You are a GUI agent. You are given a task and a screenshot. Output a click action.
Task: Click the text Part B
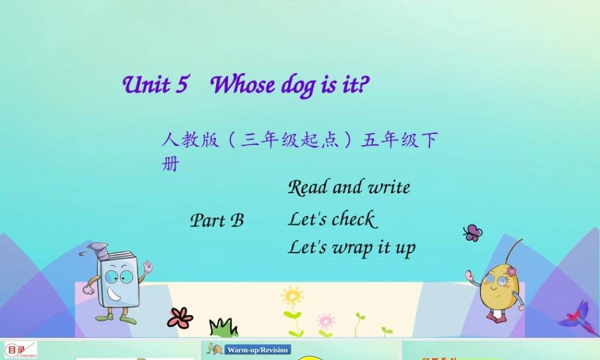coord(217,221)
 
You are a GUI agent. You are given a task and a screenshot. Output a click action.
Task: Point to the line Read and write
coord(349,187)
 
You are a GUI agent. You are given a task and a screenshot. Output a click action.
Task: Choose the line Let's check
coord(332,219)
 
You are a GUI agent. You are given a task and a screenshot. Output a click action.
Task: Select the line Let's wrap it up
coord(352,247)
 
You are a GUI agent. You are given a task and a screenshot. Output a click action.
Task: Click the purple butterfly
coord(472,233)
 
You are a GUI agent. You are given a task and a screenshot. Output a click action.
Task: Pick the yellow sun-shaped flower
coord(292,296)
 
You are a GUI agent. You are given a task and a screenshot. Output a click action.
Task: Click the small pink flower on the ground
coord(325,320)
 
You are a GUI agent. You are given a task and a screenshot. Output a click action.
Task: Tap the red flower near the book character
coord(179,317)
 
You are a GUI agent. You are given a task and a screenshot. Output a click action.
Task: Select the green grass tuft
coord(223,328)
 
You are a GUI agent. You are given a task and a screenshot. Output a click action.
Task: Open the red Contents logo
coord(20,350)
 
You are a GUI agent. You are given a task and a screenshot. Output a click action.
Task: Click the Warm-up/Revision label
coord(257,350)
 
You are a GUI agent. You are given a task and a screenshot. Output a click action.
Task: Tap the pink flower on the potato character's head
coord(511,272)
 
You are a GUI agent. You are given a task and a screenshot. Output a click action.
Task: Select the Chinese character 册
coord(170,163)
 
